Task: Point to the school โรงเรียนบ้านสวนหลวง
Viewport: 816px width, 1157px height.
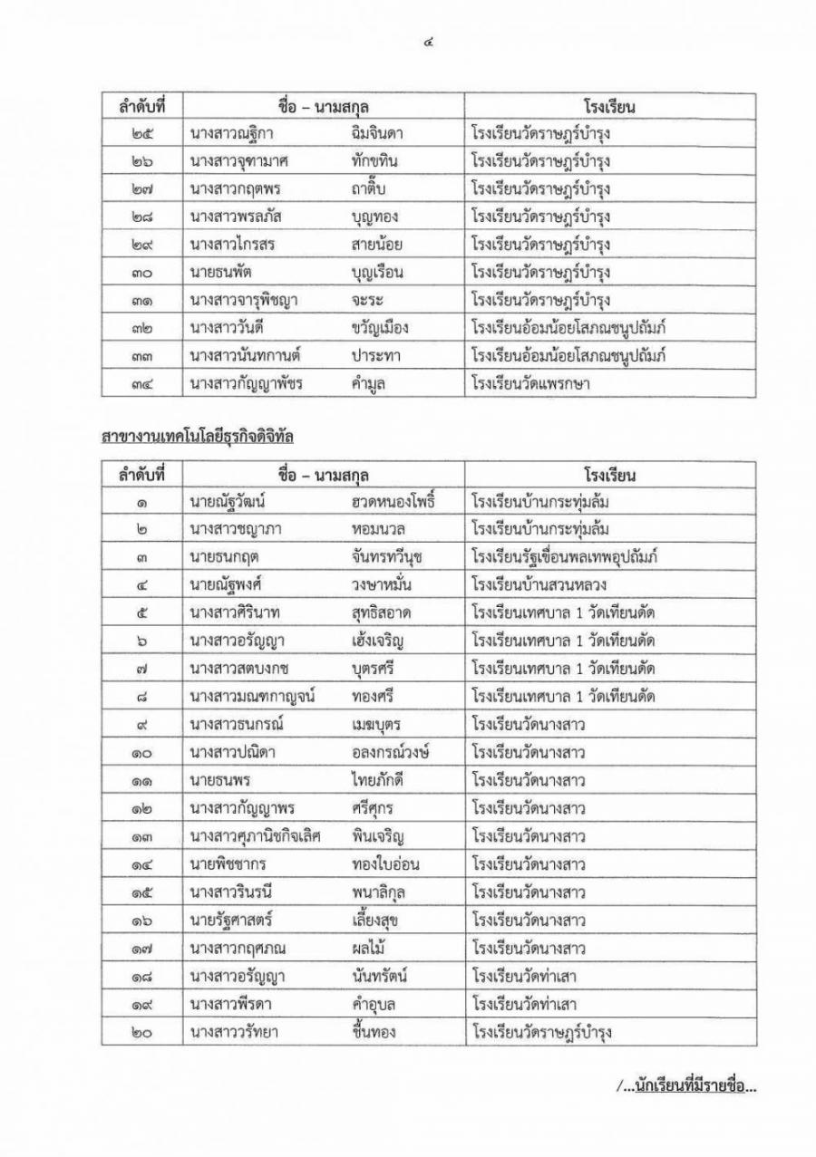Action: pos(542,585)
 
